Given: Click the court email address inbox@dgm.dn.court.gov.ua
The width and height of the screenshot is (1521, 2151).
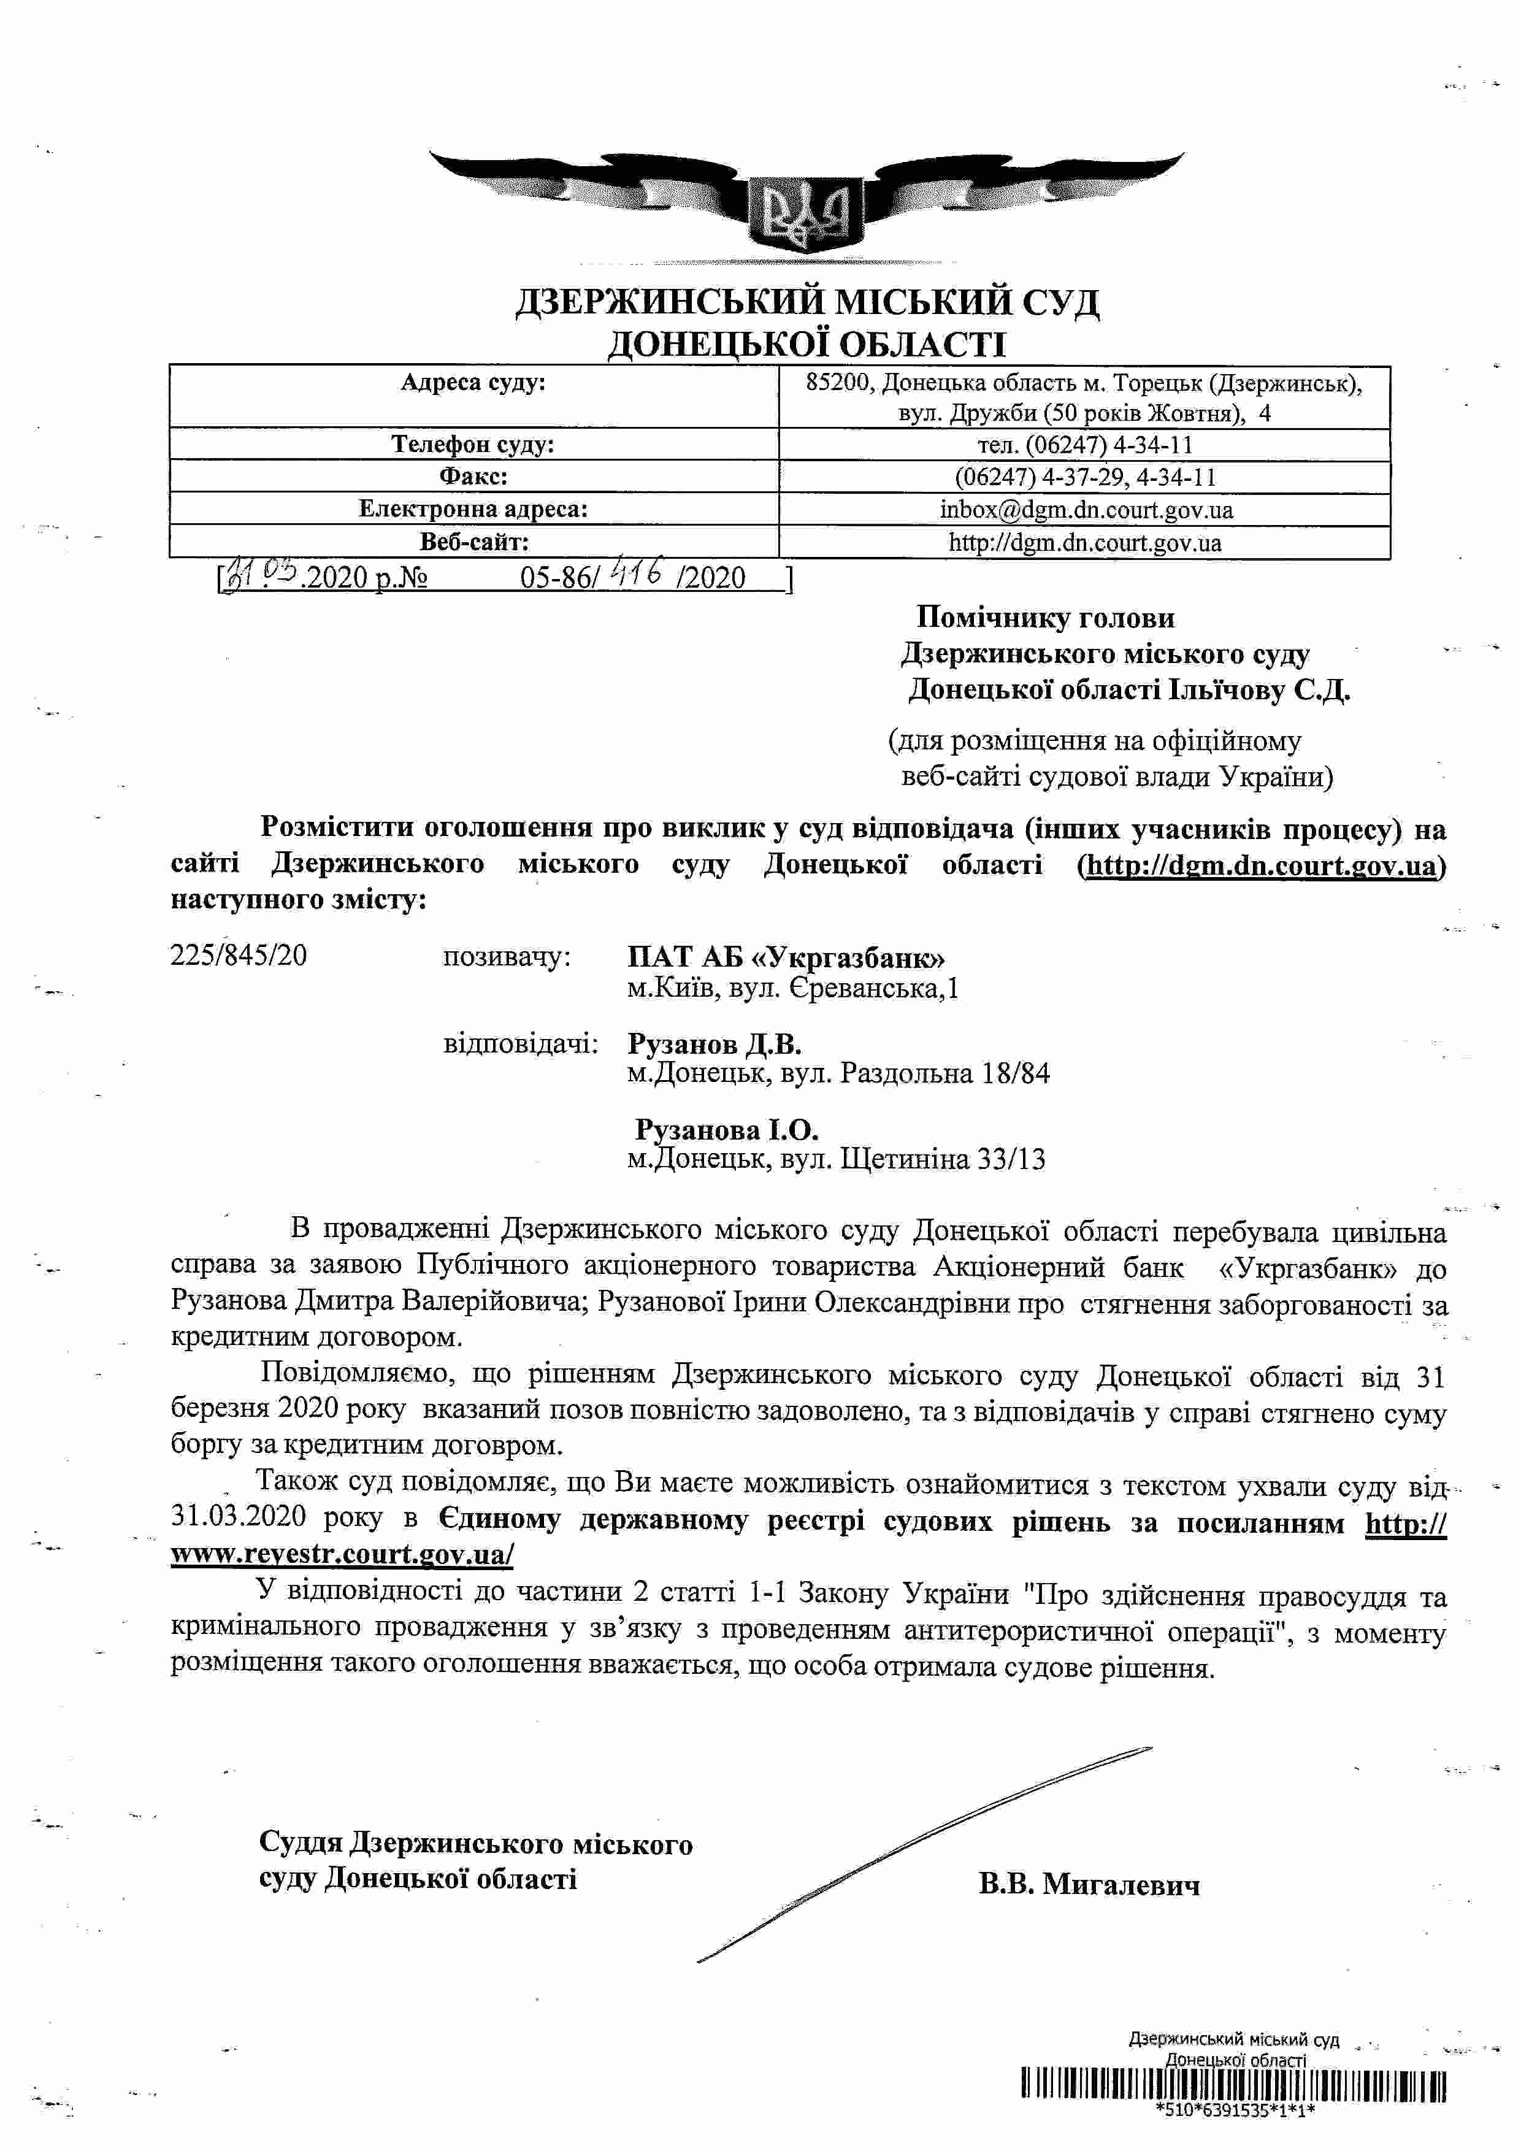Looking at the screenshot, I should pos(1086,510).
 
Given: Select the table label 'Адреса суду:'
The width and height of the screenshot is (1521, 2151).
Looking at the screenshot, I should pos(473,382).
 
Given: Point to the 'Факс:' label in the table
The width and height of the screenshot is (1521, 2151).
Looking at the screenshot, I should pos(473,477).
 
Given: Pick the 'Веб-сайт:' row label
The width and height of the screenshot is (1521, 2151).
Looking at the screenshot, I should pos(473,542).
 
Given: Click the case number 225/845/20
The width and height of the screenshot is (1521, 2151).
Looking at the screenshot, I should pos(239,956).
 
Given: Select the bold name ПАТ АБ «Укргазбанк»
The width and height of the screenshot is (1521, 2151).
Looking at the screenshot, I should pos(786,957).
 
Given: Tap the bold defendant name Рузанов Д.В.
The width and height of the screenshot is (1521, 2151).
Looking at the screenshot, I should pos(714,1044).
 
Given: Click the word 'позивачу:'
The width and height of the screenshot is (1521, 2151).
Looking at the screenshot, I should pos(506,957).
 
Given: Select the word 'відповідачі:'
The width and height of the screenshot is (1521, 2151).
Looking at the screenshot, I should pos(520,1044).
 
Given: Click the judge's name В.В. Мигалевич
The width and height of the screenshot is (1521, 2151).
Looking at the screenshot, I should pos(1089,1884).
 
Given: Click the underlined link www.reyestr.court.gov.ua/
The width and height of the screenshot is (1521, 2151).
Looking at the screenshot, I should pos(342,1554).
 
